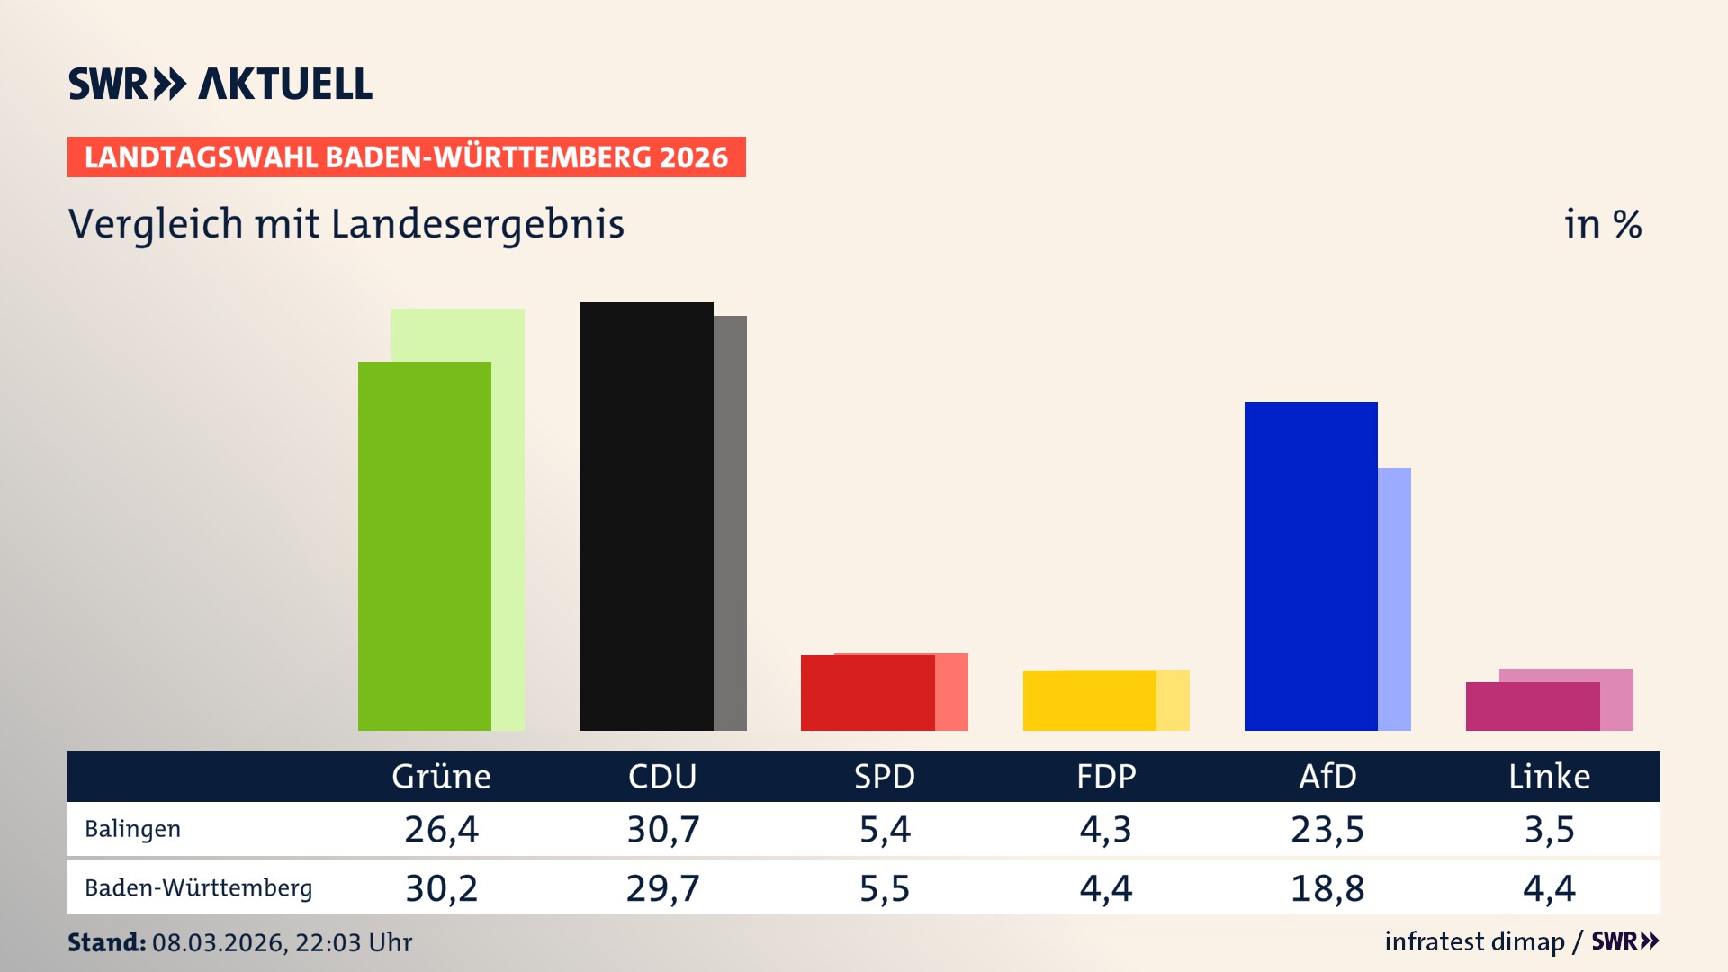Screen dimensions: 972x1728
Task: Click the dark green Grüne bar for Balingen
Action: click(x=424, y=545)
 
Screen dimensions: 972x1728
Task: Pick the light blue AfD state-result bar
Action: click(x=1394, y=598)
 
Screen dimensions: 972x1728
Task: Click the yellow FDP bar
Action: click(x=1089, y=700)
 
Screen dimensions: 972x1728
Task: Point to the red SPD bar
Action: click(x=868, y=692)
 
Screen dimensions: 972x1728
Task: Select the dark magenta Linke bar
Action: click(x=1532, y=706)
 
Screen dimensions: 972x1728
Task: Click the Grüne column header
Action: click(x=441, y=776)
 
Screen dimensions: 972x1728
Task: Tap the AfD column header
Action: click(x=1327, y=776)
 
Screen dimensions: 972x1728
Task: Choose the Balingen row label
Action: click(x=132, y=829)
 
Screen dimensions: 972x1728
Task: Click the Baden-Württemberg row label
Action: click(x=198, y=888)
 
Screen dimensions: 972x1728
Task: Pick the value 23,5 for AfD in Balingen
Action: click(x=1327, y=829)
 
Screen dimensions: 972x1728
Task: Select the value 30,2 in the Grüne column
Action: click(x=441, y=888)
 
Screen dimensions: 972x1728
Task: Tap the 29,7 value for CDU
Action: click(x=662, y=888)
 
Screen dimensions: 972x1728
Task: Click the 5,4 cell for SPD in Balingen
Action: click(x=885, y=829)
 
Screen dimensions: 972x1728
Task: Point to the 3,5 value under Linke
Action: click(x=1549, y=829)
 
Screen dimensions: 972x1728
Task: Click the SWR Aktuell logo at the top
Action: click(x=220, y=84)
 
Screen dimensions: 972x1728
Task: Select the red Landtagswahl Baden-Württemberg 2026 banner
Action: click(x=406, y=157)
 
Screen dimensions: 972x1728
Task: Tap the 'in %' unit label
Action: click(x=1602, y=224)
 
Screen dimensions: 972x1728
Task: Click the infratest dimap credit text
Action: click(x=1474, y=941)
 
